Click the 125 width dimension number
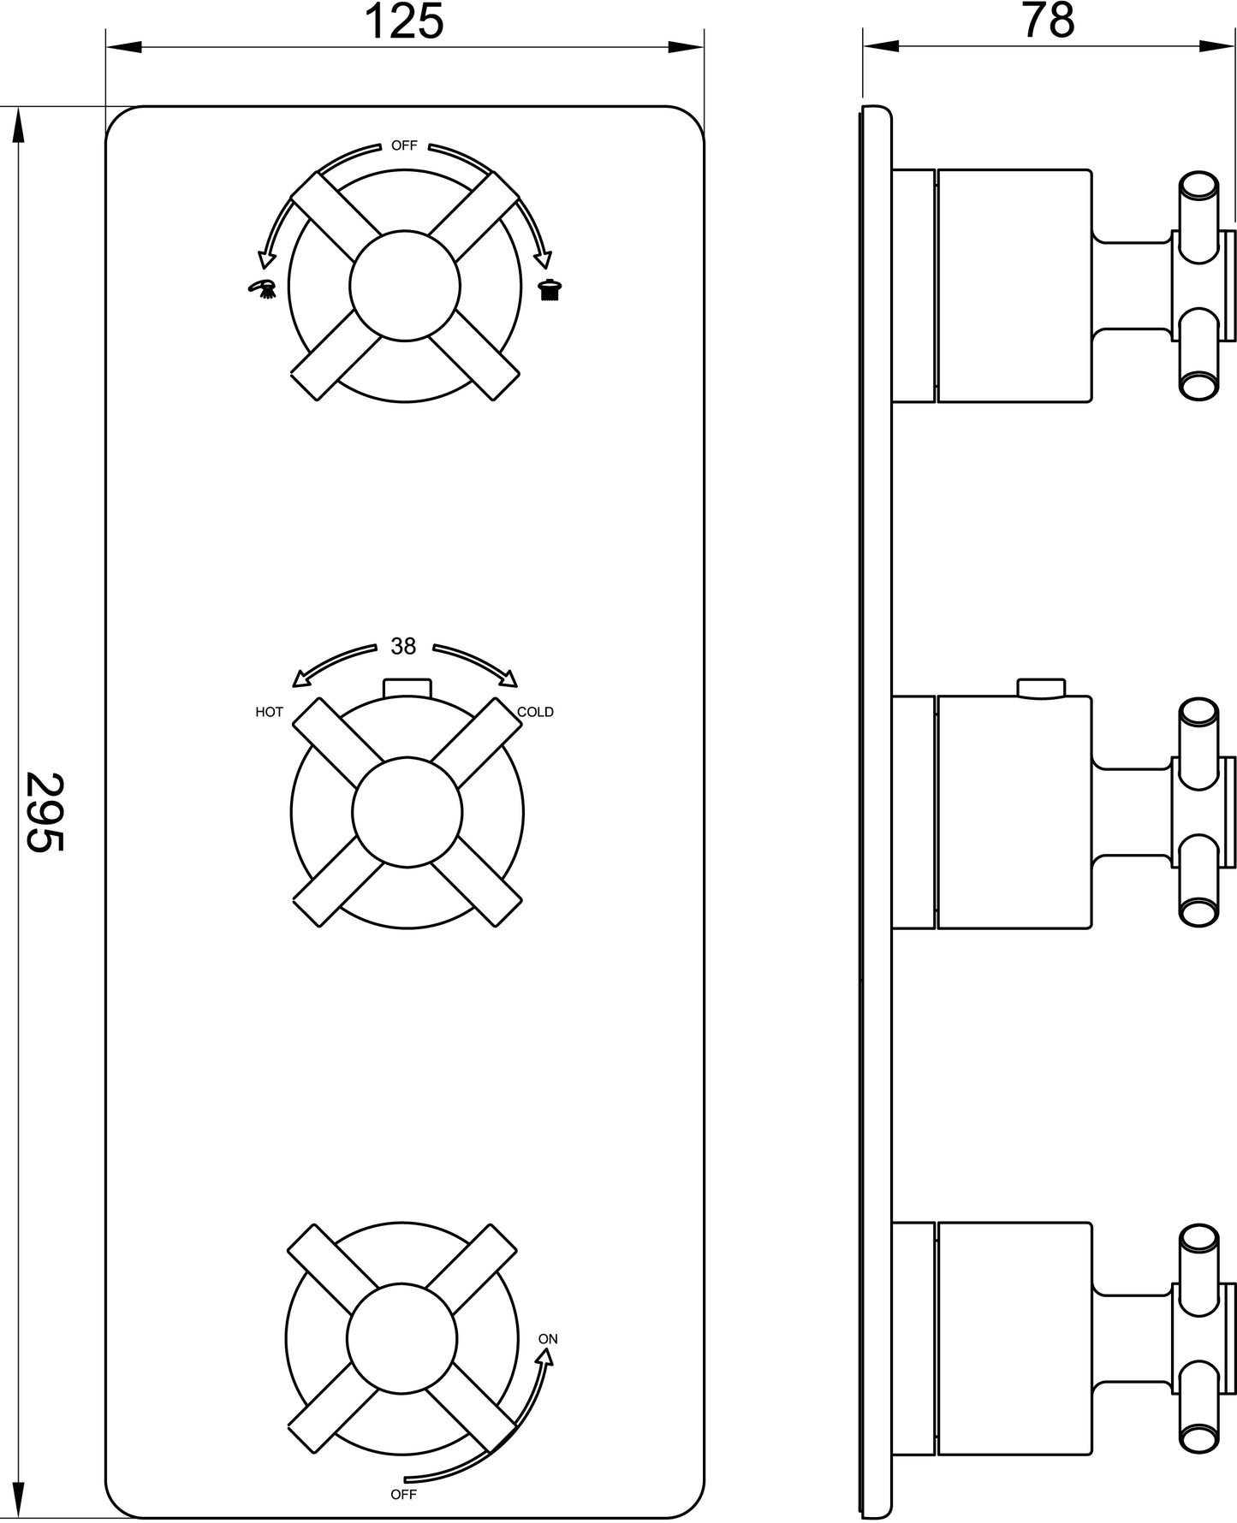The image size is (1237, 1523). tap(404, 21)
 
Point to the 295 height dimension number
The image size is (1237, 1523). tap(45, 812)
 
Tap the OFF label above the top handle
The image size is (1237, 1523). tap(404, 145)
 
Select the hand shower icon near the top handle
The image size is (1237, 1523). tap(263, 287)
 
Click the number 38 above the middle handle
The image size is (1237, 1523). tap(403, 646)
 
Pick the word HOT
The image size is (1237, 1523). tap(269, 712)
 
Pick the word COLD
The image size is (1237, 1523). tap(535, 712)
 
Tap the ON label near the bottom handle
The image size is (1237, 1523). tap(548, 1339)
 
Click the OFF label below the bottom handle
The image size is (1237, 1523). tap(403, 1495)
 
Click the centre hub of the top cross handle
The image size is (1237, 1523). tap(406, 286)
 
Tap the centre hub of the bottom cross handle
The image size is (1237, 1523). tap(402, 1339)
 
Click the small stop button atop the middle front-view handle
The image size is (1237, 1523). tap(407, 688)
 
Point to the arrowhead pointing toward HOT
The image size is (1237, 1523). tap(300, 679)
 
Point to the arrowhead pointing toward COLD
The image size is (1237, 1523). tap(508, 679)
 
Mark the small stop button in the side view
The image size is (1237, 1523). tap(1041, 688)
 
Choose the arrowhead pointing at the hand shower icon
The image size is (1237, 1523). tap(267, 256)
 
